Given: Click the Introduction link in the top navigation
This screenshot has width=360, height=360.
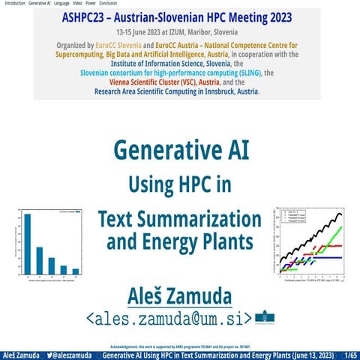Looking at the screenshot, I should tap(14, 4).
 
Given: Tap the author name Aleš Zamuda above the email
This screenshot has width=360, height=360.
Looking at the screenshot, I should tap(179, 295).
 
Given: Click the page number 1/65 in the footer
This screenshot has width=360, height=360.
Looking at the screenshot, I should tap(349, 354).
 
